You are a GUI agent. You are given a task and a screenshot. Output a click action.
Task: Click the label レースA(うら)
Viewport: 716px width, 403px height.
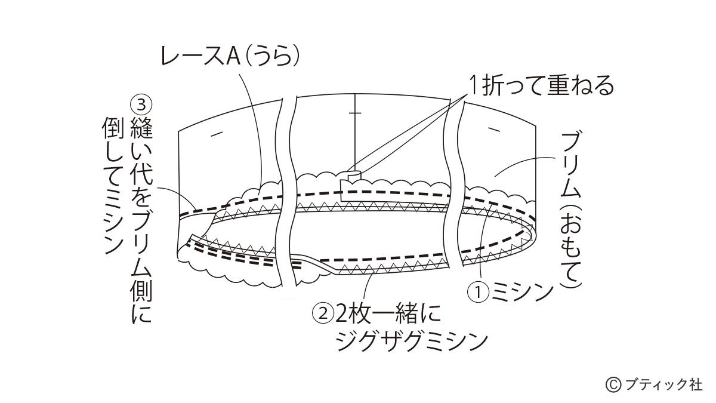pyautogui.click(x=229, y=58)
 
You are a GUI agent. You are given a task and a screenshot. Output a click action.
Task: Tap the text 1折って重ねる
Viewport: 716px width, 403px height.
pyautogui.click(x=540, y=87)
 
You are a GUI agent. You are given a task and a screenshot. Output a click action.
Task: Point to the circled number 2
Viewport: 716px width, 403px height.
pyautogui.click(x=323, y=312)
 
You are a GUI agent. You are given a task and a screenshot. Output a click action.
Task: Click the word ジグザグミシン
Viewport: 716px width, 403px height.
pyautogui.click(x=412, y=342)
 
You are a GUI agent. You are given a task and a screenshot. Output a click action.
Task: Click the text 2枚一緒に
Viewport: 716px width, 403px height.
pyautogui.click(x=385, y=312)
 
